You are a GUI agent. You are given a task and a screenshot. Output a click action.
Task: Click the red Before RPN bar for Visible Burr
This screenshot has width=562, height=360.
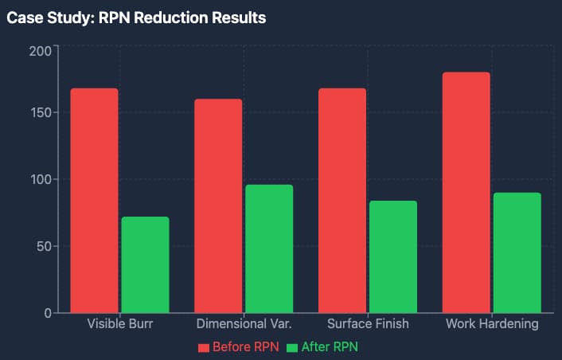[x=94, y=201]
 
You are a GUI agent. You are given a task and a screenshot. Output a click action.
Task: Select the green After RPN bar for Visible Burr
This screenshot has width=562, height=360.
[x=145, y=264]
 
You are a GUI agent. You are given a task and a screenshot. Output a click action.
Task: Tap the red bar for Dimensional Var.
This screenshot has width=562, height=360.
[x=218, y=205]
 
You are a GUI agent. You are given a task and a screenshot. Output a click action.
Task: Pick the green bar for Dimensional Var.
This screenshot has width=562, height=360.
[x=269, y=248]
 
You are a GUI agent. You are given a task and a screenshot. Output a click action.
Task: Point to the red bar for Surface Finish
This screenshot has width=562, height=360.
[x=342, y=201]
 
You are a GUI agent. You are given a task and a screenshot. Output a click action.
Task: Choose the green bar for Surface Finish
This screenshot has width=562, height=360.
[x=393, y=256]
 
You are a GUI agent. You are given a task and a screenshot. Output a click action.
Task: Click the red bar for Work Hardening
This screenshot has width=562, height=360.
[x=466, y=193]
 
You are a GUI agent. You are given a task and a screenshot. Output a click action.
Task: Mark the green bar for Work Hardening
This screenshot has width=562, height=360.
[x=517, y=252]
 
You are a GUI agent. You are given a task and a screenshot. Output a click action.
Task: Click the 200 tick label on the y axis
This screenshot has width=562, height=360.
[x=41, y=51]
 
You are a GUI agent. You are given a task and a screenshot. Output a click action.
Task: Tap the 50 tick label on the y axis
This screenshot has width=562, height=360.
[x=45, y=246]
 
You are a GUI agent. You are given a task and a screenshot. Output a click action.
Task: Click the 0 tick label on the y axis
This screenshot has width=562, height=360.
[x=49, y=313]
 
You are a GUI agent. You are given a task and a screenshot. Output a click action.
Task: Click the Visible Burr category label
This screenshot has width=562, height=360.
[x=120, y=324]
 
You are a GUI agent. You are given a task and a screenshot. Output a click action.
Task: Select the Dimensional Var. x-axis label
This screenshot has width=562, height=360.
[x=244, y=324]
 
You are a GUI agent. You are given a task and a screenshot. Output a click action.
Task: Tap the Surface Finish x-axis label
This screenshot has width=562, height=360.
[x=368, y=324]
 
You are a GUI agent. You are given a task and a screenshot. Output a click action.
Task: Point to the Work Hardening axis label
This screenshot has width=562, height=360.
[x=492, y=324]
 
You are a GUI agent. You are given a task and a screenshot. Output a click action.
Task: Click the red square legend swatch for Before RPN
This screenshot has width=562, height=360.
[x=204, y=347]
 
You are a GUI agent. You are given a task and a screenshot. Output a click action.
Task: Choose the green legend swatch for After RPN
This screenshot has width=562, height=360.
[x=292, y=347]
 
